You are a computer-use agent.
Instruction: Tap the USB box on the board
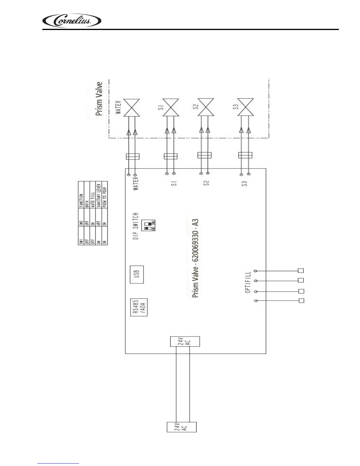pos(136,274)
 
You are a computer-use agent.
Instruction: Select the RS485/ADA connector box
pos(139,307)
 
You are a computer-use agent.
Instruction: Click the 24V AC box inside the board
pos(185,341)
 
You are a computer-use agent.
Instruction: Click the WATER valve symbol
pos(131,107)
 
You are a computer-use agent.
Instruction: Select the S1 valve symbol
pos(170,108)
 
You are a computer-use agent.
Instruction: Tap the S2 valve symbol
pos(205,107)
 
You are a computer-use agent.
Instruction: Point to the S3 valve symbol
pos(245,107)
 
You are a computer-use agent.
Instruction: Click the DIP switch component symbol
pos(149,225)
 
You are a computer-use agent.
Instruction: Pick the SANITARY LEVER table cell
pos(99,196)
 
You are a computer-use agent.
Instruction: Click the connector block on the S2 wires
pos(204,155)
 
